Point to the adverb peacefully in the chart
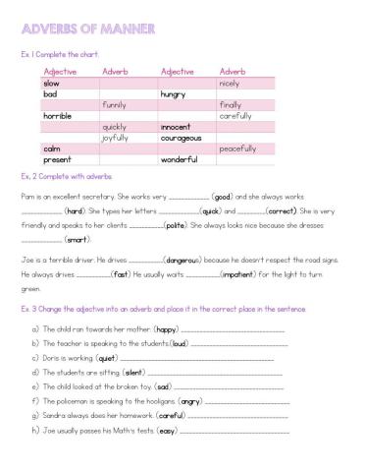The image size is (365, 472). pyautogui.click(x=237, y=148)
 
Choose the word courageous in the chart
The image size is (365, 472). pyautogui.click(x=181, y=138)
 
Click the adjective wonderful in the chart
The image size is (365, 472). pyautogui.click(x=180, y=159)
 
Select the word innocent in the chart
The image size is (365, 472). pyautogui.click(x=176, y=127)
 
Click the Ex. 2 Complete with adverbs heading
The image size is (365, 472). pyautogui.click(x=67, y=176)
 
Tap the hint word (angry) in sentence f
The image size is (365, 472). pyautogui.click(x=191, y=402)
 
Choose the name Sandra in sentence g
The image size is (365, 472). pyautogui.click(x=56, y=416)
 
